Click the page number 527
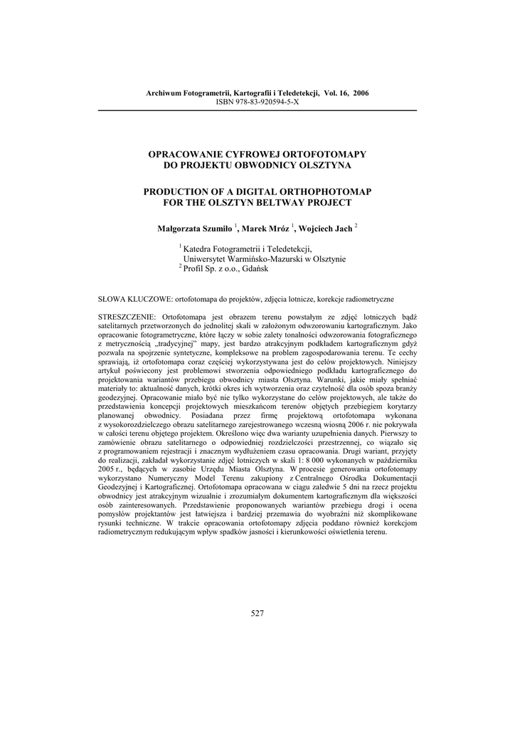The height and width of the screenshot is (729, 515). tap(257, 614)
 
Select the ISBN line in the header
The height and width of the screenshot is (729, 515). tap(257, 103)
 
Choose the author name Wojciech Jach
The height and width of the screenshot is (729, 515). tap(325, 229)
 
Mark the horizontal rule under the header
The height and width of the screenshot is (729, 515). tap(257, 111)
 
